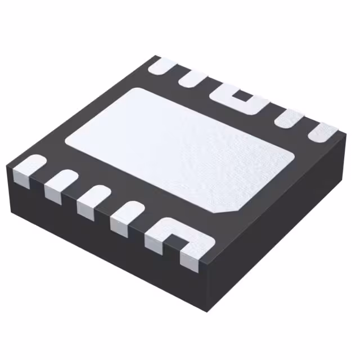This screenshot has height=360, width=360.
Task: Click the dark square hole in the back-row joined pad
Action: point(244,96)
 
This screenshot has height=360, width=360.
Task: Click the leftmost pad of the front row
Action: point(28,168)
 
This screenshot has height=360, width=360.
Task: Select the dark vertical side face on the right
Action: point(281,225)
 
